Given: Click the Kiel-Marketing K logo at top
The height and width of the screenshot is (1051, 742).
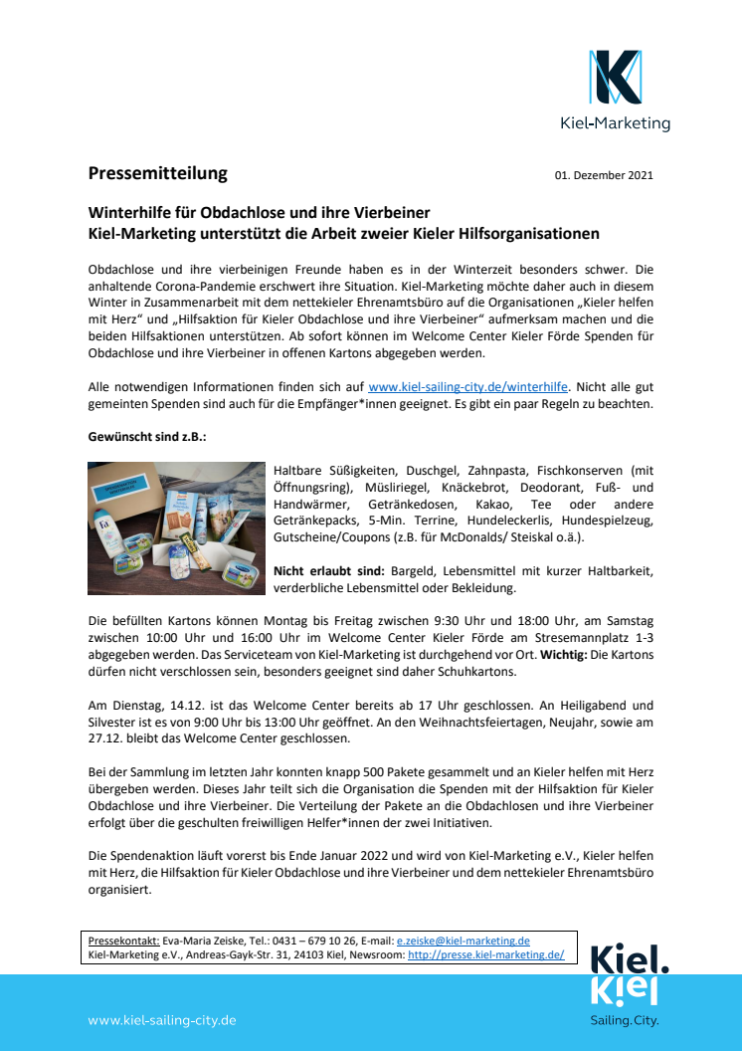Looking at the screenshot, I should click(615, 79).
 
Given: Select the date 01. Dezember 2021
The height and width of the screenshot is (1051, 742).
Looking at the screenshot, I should click(604, 176).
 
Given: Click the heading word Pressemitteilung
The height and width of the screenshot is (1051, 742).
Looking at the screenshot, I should click(157, 173).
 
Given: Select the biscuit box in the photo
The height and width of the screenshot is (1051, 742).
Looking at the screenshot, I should click(183, 522).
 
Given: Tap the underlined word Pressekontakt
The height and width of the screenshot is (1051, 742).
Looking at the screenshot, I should click(123, 941).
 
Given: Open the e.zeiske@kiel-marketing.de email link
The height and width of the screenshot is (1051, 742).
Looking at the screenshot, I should click(463, 941).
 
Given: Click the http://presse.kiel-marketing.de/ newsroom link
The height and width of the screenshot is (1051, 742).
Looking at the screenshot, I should click(485, 954).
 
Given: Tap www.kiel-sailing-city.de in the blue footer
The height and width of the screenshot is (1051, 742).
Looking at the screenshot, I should click(162, 1020).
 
